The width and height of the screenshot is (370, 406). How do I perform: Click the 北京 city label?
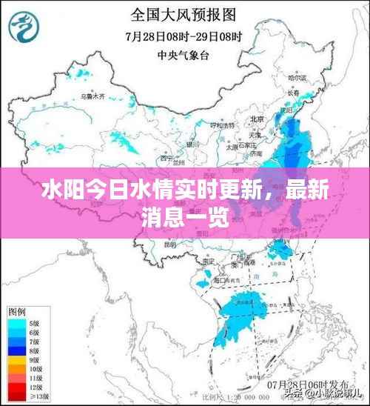[x=257, y=119]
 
